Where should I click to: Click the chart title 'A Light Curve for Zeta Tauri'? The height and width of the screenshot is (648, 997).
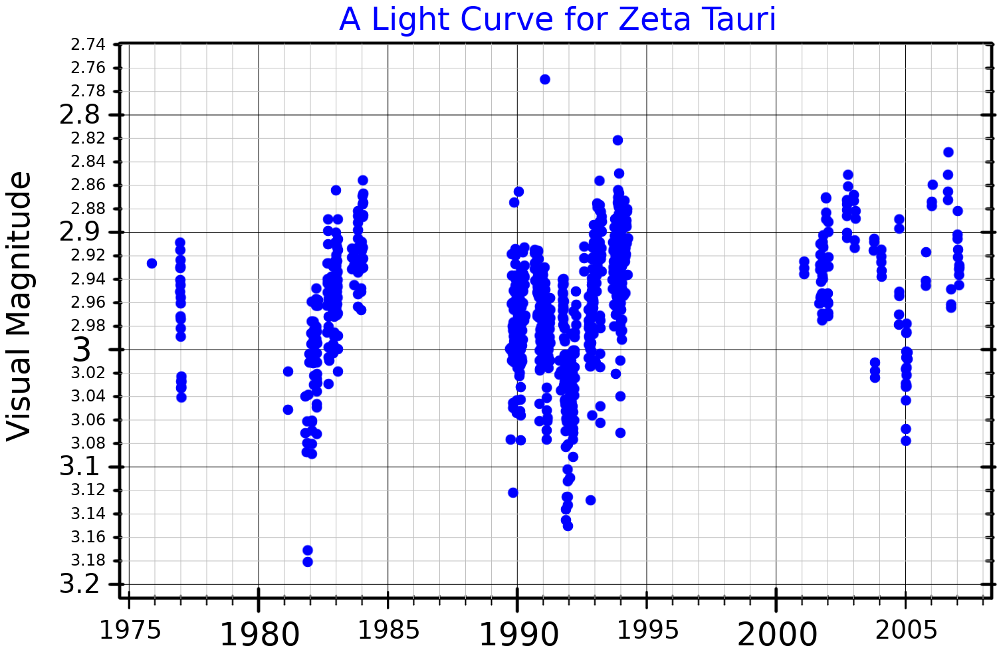pyautogui.click(x=557, y=19)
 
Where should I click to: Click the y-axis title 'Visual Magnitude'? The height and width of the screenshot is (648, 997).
pyautogui.click(x=20, y=306)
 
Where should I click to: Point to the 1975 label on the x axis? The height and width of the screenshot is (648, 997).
pyautogui.click(x=130, y=630)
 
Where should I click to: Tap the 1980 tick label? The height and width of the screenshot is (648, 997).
pyautogui.click(x=259, y=634)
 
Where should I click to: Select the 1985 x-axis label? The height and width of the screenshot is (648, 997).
pyautogui.click(x=389, y=630)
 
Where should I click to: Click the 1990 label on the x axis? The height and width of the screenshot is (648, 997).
pyautogui.click(x=518, y=634)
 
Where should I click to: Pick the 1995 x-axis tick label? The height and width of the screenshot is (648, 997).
pyautogui.click(x=648, y=630)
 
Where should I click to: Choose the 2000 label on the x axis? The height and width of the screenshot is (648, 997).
pyautogui.click(x=777, y=634)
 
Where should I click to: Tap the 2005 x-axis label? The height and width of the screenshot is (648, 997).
pyautogui.click(x=907, y=630)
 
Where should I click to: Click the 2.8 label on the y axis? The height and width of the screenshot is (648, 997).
pyautogui.click(x=80, y=115)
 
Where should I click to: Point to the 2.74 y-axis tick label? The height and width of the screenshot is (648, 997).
pyautogui.click(x=88, y=45)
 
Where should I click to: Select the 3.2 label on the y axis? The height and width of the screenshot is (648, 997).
pyautogui.click(x=80, y=584)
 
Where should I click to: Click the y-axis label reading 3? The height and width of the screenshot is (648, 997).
pyautogui.click(x=81, y=350)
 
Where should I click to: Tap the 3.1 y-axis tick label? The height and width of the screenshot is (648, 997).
pyautogui.click(x=80, y=467)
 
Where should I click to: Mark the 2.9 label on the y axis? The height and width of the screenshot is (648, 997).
pyautogui.click(x=80, y=232)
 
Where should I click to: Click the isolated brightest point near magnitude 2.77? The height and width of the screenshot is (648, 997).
pyautogui.click(x=545, y=79)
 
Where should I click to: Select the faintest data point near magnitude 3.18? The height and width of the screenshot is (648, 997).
pyautogui.click(x=308, y=562)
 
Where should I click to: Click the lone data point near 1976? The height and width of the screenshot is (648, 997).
pyautogui.click(x=152, y=263)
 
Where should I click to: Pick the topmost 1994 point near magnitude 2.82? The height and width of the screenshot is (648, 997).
pyautogui.click(x=617, y=140)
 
